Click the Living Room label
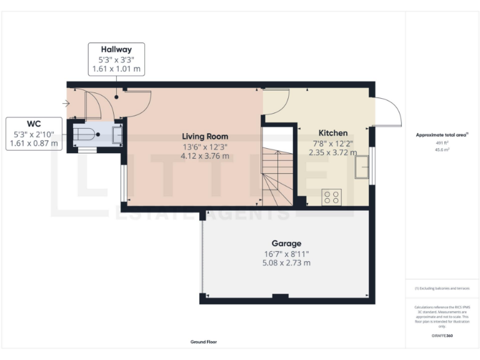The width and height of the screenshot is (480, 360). click(205, 136)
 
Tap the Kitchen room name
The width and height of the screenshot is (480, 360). click(333, 133)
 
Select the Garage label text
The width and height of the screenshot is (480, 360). click(286, 243)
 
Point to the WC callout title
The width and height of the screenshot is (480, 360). click(34, 124)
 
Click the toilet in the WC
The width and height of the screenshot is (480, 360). click(86, 134)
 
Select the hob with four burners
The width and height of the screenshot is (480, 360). click(332, 197)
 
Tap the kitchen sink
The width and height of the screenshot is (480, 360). click(361, 168)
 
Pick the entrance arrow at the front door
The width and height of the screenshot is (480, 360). click(67, 103)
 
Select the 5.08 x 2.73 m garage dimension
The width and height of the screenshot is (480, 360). click(286, 262)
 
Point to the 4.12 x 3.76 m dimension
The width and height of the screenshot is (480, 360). click(205, 156)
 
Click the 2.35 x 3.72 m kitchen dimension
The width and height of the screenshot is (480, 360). click(334, 152)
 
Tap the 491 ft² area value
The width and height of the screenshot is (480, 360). click(442, 143)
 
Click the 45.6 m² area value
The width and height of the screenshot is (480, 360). click(442, 150)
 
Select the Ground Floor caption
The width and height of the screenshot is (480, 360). click(204, 342)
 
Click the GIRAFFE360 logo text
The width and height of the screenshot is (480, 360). click(442, 336)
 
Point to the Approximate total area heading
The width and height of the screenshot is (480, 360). click(442, 135)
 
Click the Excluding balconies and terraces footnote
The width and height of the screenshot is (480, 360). click(442, 288)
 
